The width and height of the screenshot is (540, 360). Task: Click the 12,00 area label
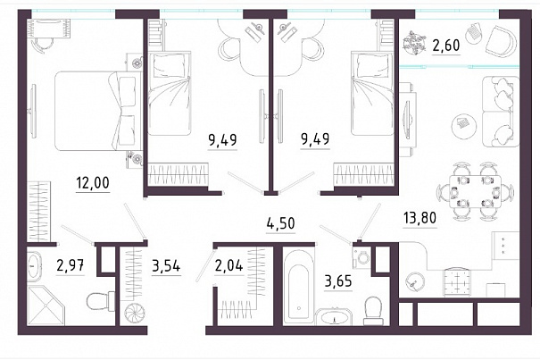[93, 183]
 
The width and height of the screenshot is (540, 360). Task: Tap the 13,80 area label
[420, 218]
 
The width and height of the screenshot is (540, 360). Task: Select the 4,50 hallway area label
[281, 223]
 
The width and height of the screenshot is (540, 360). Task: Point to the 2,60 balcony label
[446, 46]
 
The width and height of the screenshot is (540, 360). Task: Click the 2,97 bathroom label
[71, 266]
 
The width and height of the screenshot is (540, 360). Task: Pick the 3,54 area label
[166, 266]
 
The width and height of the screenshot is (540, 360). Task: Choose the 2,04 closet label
[228, 266]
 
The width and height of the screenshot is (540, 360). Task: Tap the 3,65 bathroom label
[338, 281]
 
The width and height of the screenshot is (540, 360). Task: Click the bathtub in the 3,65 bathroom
[299, 286]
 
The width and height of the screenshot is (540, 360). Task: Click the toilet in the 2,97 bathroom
[101, 301]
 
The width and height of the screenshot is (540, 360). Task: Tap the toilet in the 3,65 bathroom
[374, 310]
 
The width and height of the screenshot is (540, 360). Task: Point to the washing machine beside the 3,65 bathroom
[361, 257]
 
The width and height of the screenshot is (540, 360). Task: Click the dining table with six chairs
[476, 191]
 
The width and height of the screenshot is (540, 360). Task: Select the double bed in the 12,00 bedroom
[98, 111]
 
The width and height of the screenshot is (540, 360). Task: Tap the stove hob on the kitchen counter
[457, 282]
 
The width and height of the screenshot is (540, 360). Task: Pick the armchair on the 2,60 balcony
[501, 41]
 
